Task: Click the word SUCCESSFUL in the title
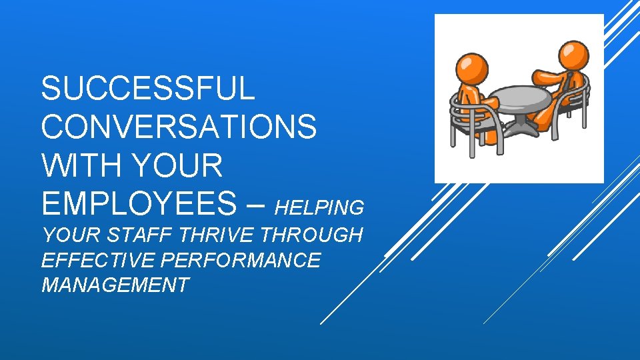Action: click(147, 89)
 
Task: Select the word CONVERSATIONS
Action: click(179, 127)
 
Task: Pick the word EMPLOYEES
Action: click(137, 203)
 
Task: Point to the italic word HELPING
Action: click(319, 208)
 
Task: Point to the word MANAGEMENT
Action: click(115, 285)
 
